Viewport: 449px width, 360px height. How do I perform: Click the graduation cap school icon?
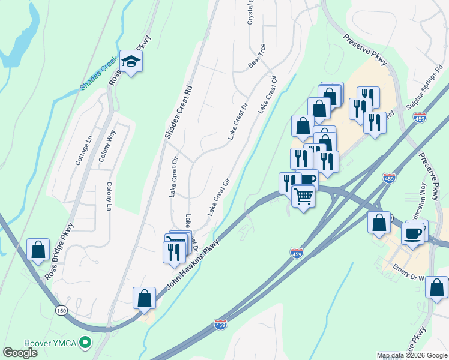(x=131, y=61)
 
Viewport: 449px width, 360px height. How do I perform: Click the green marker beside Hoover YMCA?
(x=86, y=343)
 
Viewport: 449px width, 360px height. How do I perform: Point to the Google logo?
(x=20, y=353)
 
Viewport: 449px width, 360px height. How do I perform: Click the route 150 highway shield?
(x=61, y=310)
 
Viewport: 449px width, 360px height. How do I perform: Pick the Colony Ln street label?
(x=109, y=196)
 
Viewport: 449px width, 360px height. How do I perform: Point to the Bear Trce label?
(x=257, y=55)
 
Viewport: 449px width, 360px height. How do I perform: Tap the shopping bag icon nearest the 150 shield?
(x=145, y=297)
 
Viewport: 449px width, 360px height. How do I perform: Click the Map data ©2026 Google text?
(x=412, y=355)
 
